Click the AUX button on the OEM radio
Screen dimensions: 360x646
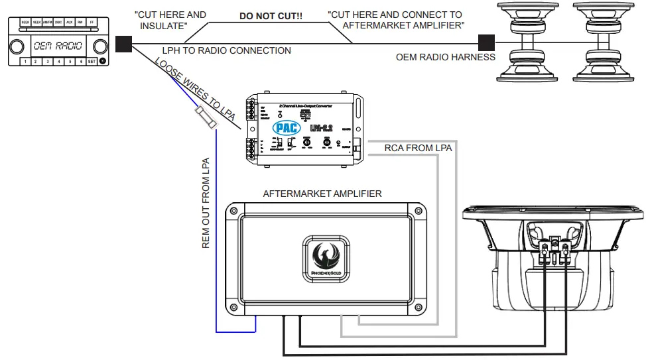(x=69, y=22)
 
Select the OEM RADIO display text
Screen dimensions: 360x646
(x=58, y=46)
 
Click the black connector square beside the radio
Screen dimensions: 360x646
(x=123, y=44)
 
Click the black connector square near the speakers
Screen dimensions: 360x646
(x=487, y=44)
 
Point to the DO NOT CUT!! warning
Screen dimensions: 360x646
(x=271, y=15)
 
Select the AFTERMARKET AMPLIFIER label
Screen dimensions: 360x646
(x=322, y=194)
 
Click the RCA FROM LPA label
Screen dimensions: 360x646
(x=418, y=149)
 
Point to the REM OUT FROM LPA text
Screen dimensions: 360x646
(x=206, y=203)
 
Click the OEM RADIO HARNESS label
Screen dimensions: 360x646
(x=446, y=57)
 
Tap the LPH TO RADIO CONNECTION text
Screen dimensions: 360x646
(x=227, y=50)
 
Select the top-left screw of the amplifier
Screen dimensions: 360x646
(x=233, y=212)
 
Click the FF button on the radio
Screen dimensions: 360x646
(x=92, y=22)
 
